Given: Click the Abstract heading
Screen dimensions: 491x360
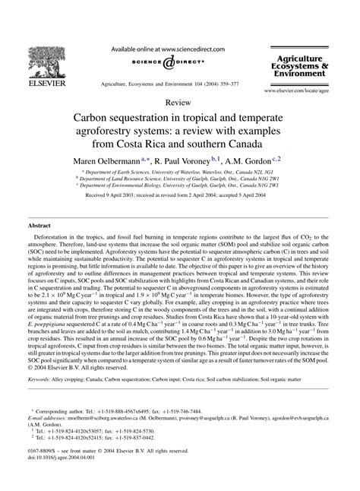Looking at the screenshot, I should click(39, 226).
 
